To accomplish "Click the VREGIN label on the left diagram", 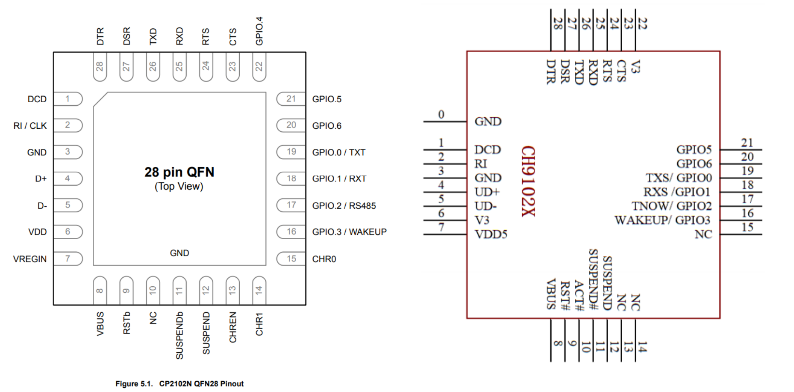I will point(30,259).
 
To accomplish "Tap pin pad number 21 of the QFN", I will point(291,99).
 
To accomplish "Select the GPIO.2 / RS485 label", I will point(344,205).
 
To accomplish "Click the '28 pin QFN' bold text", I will point(179,172).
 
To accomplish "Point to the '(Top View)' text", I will point(179,187).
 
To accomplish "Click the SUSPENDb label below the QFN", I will point(179,335).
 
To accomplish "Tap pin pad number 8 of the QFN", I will point(100,291).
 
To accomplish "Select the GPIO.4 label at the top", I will point(259,31).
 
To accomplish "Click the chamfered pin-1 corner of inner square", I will point(100,99).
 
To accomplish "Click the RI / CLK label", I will point(30,126).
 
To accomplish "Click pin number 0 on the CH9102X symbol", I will point(441,115).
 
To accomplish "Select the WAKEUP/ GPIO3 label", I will point(662,220).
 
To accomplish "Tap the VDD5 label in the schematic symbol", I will point(491,235).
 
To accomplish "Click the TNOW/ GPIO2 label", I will point(672,206).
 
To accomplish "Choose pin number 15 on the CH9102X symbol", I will point(747,227).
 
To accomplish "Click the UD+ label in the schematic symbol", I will point(487,192).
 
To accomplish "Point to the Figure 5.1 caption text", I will point(179,383).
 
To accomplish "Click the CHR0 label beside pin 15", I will point(324,259).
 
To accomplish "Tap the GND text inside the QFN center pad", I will point(179,253).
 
